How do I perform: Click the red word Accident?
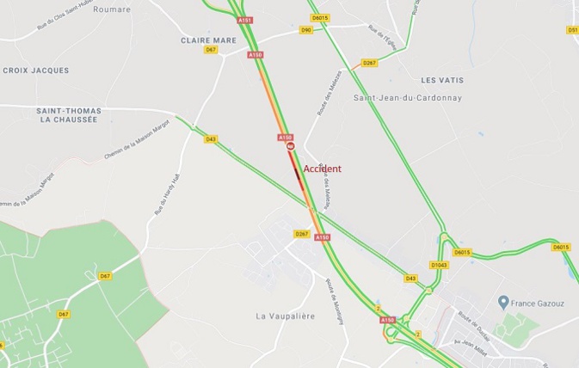point(323,169)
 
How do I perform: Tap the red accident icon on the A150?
point(291,147)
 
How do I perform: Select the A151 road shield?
point(245,20)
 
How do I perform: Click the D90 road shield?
point(306,30)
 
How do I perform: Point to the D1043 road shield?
point(439,265)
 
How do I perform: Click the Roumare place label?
point(112,9)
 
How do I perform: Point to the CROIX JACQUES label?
point(36,71)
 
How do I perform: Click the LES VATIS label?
point(442,80)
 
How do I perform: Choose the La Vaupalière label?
point(285,316)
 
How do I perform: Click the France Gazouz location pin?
point(503,302)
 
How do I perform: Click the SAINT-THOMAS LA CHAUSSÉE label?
point(69,115)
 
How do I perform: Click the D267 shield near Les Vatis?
point(369,63)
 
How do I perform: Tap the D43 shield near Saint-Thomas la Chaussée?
point(211,139)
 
